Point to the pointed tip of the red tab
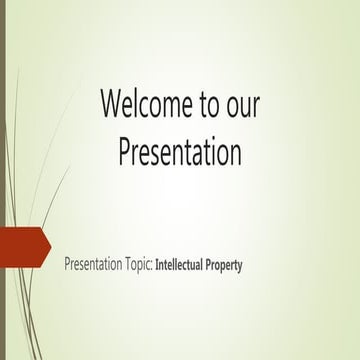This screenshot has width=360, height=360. pos(50,247)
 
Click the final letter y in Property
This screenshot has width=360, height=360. pos(241,268)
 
